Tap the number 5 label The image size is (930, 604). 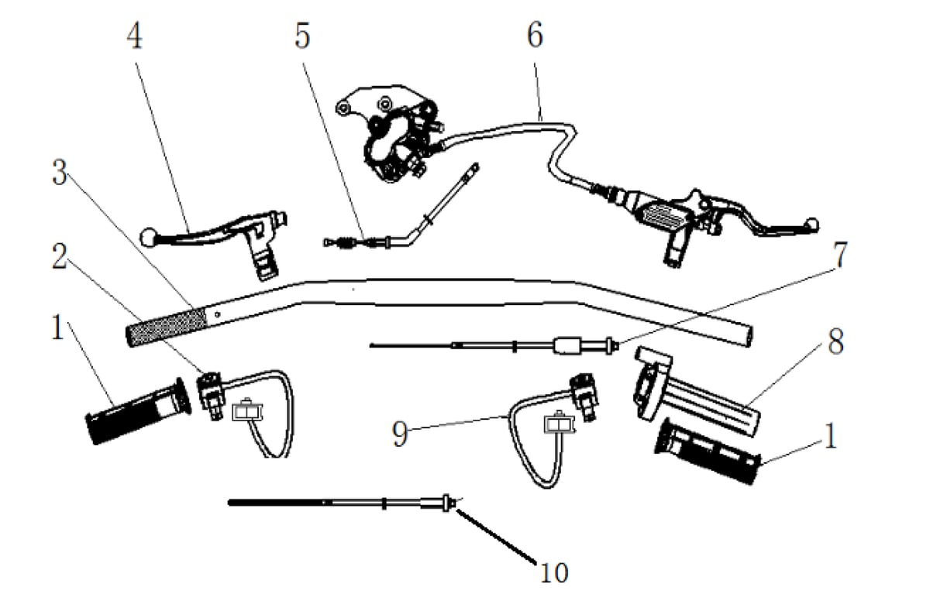pyautogui.click(x=302, y=36)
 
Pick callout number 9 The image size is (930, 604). pyautogui.click(x=400, y=434)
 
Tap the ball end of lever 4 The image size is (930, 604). pyautogui.click(x=148, y=234)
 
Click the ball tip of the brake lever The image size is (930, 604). pyautogui.click(x=811, y=225)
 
